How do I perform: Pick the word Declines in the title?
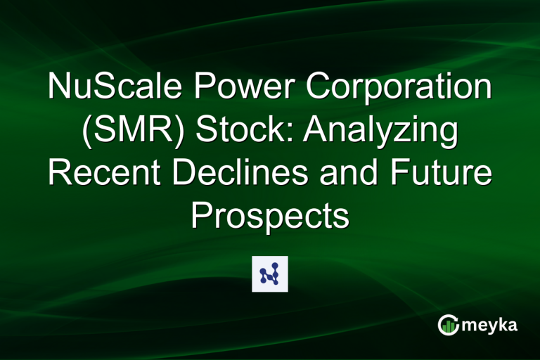[242, 176]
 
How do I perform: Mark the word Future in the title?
[439, 176]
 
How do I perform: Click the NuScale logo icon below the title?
[270, 274]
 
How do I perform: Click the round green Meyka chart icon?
[449, 324]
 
